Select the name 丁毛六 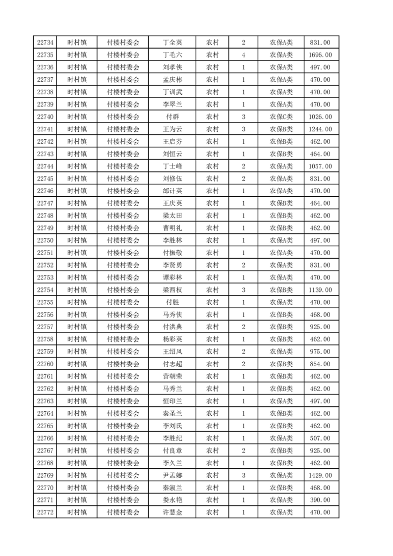172,55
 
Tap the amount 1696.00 320,55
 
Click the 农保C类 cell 281,117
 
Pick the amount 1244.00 320,129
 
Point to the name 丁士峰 172,167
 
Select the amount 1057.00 320,167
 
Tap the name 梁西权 172,290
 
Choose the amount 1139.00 320,290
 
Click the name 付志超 172,364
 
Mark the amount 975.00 320,352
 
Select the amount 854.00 320,364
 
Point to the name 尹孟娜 172,475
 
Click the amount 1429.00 320,475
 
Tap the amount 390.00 320,500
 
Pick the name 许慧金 172,512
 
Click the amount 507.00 320,438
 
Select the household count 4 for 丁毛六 243,55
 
